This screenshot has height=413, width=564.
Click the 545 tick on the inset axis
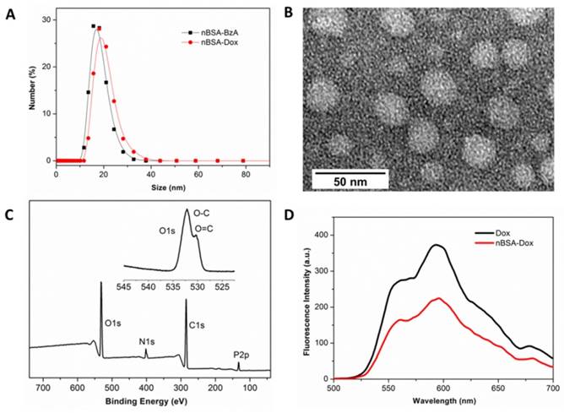pos(124,287)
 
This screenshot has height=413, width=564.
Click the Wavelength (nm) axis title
pos(461,402)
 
